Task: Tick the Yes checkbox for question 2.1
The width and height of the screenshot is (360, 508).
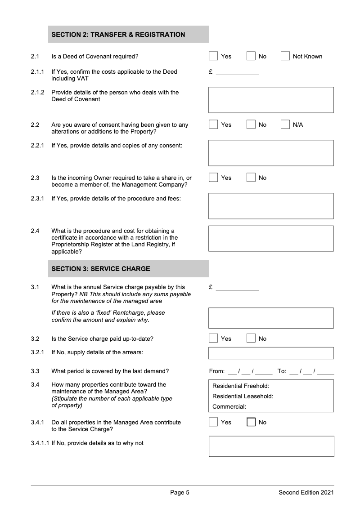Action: (213, 56)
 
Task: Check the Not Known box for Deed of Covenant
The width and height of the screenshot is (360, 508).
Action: (285, 56)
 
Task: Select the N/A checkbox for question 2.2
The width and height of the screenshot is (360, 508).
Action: (285, 125)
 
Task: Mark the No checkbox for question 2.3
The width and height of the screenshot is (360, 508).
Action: (251, 178)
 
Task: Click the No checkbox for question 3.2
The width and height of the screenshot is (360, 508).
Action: (251, 339)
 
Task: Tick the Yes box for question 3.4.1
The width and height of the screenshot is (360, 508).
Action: (213, 422)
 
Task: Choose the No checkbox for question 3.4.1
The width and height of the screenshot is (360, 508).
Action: (251, 422)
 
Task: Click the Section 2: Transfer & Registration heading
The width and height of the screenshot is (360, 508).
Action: (118, 35)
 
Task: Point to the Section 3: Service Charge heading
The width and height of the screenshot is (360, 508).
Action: (101, 269)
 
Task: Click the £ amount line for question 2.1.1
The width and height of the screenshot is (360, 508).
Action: (237, 72)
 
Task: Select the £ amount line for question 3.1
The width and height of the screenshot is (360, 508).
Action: (237, 288)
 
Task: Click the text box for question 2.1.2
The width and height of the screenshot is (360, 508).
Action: (271, 100)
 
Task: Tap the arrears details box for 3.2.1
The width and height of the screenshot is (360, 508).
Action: (271, 353)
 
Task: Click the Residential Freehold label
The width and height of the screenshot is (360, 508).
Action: (241, 386)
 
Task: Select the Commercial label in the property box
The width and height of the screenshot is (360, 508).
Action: (229, 407)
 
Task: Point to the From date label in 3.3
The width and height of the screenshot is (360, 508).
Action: (216, 371)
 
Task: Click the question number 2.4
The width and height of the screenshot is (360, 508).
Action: (35, 231)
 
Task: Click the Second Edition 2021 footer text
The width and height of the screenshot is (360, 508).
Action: (306, 493)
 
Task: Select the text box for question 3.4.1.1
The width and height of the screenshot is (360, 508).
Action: (271, 446)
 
